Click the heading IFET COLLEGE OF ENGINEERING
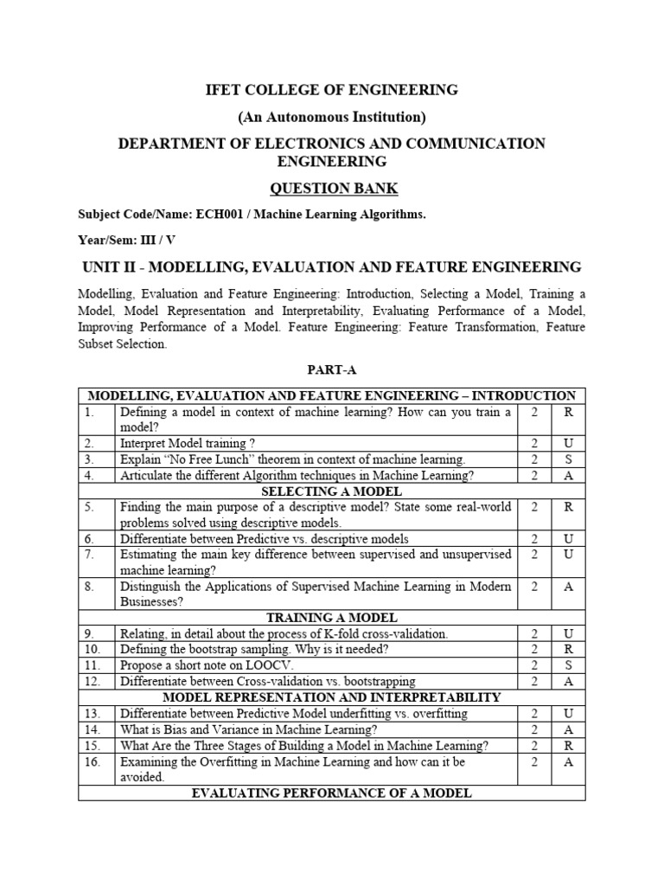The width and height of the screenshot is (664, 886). click(331, 90)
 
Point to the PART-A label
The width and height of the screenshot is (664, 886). click(331, 369)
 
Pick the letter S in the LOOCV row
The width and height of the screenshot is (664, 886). click(568, 665)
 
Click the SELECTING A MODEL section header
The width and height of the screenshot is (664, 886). click(331, 491)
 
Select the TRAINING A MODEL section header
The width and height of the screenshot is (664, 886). click(331, 618)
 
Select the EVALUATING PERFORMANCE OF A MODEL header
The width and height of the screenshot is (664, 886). click(331, 793)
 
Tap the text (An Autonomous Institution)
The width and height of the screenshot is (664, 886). click(331, 117)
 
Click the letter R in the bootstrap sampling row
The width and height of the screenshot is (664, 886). click(568, 650)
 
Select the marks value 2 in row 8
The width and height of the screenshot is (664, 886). click(534, 587)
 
